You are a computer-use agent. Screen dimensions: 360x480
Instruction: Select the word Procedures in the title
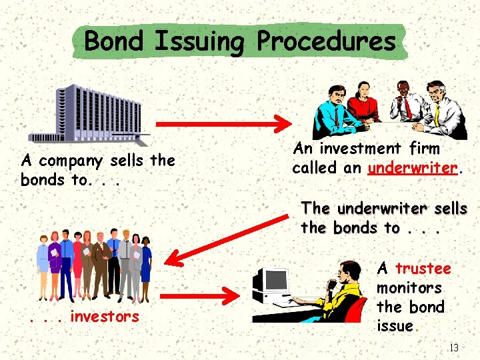(326, 41)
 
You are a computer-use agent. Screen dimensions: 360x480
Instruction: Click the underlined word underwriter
(413, 168)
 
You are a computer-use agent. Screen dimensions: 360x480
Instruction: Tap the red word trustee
(423, 269)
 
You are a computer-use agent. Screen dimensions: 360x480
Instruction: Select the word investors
(104, 317)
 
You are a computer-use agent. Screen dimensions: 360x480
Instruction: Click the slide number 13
(454, 347)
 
